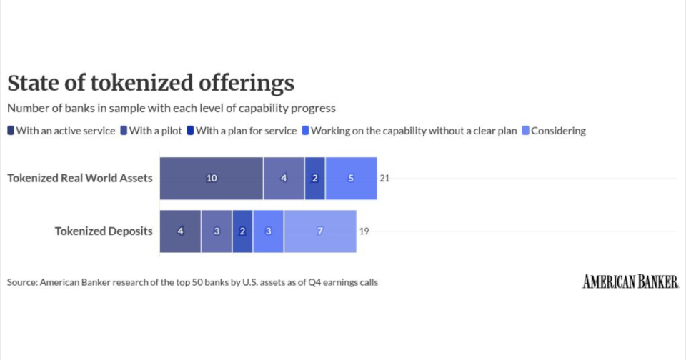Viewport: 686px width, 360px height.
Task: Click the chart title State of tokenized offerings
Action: (151, 84)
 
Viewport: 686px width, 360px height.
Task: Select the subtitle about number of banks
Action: (171, 109)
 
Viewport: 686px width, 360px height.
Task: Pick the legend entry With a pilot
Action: (152, 131)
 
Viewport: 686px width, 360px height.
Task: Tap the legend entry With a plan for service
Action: (243, 131)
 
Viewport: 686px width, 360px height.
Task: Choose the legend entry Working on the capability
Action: (409, 131)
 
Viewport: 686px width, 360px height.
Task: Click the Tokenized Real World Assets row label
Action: (80, 178)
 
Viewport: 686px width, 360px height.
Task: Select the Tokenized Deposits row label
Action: (104, 231)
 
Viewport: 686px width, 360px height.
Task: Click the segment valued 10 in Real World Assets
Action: (212, 178)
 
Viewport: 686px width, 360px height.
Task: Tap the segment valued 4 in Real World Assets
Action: (284, 178)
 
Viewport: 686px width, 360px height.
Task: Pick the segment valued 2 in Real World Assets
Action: (314, 178)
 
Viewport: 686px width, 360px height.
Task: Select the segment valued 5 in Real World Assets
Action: (351, 178)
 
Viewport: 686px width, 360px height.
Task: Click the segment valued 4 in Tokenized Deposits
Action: (180, 231)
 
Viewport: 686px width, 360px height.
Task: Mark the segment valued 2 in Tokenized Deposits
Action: (242, 231)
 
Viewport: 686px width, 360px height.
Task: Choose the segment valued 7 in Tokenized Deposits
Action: (319, 231)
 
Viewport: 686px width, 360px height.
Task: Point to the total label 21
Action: (384, 178)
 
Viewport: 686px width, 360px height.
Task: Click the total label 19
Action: (364, 231)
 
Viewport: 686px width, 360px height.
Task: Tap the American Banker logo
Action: (630, 281)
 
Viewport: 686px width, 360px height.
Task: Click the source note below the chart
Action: (192, 282)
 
